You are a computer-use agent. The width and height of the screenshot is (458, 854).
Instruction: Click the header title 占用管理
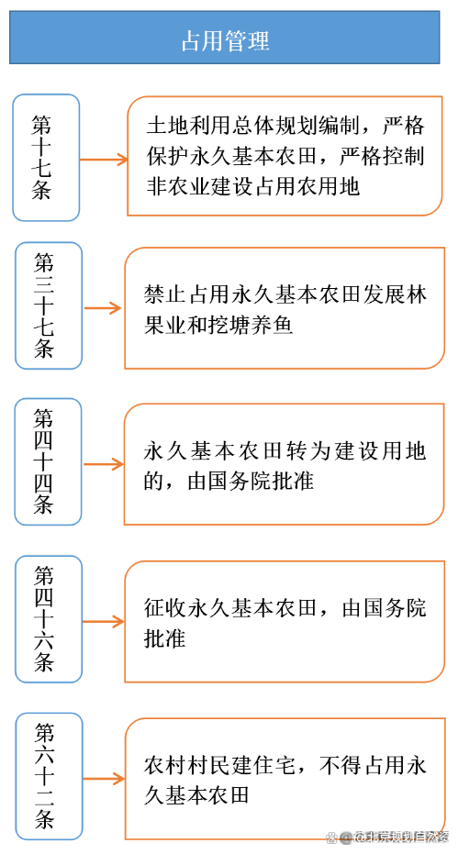click(x=225, y=41)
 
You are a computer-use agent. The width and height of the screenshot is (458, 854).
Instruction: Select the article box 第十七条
click(x=46, y=158)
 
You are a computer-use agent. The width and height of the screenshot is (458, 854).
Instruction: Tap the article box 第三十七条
click(x=49, y=305)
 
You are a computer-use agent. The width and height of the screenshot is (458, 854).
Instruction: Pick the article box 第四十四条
click(x=48, y=462)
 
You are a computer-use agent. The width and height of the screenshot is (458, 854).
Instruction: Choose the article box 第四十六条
click(x=49, y=619)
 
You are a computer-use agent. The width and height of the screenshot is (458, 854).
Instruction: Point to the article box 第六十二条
click(x=49, y=776)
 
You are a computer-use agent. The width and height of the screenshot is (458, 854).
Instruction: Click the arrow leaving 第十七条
click(x=104, y=160)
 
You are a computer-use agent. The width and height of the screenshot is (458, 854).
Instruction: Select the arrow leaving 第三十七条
click(x=103, y=308)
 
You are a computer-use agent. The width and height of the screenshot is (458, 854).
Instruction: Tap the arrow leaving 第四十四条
click(x=104, y=464)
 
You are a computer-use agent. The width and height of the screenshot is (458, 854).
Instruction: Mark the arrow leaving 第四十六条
click(x=104, y=621)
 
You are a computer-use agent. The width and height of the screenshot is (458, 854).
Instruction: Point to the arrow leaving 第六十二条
click(x=104, y=779)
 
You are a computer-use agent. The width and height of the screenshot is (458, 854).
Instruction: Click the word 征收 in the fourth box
click(x=166, y=608)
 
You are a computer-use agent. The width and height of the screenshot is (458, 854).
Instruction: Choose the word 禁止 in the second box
click(x=166, y=294)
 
